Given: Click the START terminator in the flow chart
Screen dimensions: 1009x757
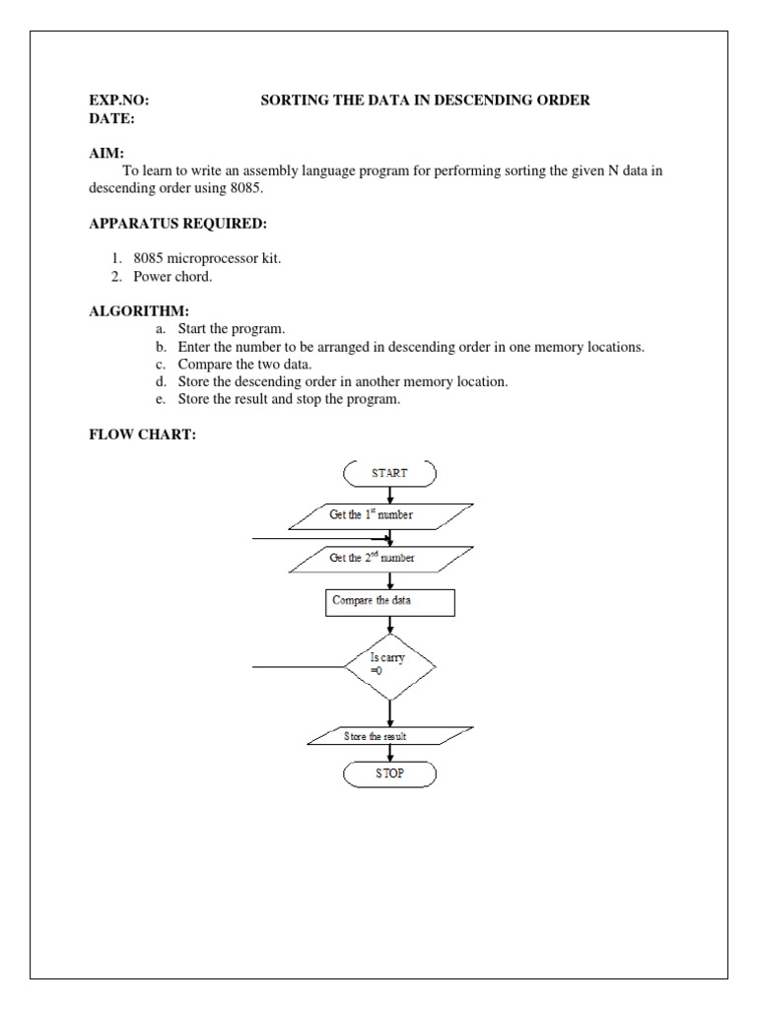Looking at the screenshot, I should (x=389, y=473).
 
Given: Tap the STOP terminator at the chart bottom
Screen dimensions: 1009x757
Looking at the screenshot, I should (x=389, y=774).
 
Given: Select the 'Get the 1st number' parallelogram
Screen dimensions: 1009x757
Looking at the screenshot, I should (x=384, y=514).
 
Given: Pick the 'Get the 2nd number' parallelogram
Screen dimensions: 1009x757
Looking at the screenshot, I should (x=384, y=559).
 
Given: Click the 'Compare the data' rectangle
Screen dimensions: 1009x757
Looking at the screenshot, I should (x=389, y=602).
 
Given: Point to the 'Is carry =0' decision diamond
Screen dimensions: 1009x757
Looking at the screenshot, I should (x=389, y=666).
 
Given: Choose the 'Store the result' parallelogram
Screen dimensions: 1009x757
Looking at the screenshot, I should (x=389, y=737).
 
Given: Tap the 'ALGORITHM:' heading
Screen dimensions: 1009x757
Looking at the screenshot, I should (x=132, y=311).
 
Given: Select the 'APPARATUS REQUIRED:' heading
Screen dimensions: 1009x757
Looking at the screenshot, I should (x=177, y=224).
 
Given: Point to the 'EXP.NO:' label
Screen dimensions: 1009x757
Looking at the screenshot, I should (x=119, y=101).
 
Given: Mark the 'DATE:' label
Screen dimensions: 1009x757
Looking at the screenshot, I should (x=111, y=118).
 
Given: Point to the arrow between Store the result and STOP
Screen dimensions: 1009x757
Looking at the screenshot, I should (x=390, y=755).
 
